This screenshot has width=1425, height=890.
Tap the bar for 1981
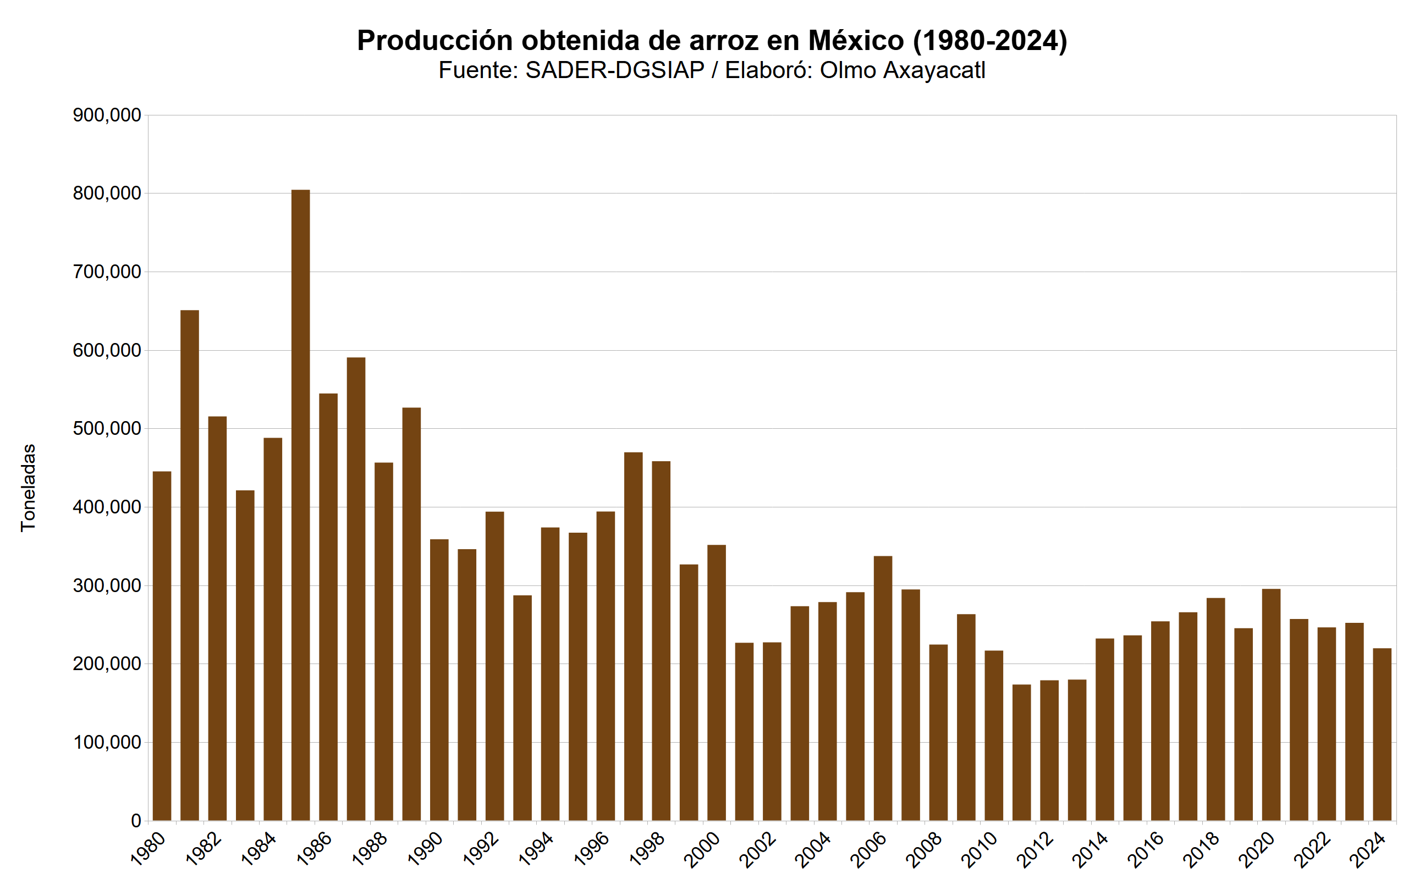pyautogui.click(x=190, y=565)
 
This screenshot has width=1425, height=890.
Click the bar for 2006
pyautogui.click(x=883, y=688)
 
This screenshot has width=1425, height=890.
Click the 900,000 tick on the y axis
pyautogui.click(x=107, y=115)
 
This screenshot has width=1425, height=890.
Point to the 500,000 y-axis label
pyautogui.click(x=107, y=429)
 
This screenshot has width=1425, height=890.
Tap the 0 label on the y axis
pyautogui.click(x=136, y=821)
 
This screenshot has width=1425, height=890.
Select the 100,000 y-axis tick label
pyautogui.click(x=107, y=742)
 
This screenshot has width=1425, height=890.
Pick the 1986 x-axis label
pyautogui.click(x=314, y=850)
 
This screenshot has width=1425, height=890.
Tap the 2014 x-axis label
pyautogui.click(x=1090, y=850)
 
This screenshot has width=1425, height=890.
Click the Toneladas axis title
pyautogui.click(x=28, y=488)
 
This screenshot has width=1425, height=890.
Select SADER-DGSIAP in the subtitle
pyautogui.click(x=614, y=70)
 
